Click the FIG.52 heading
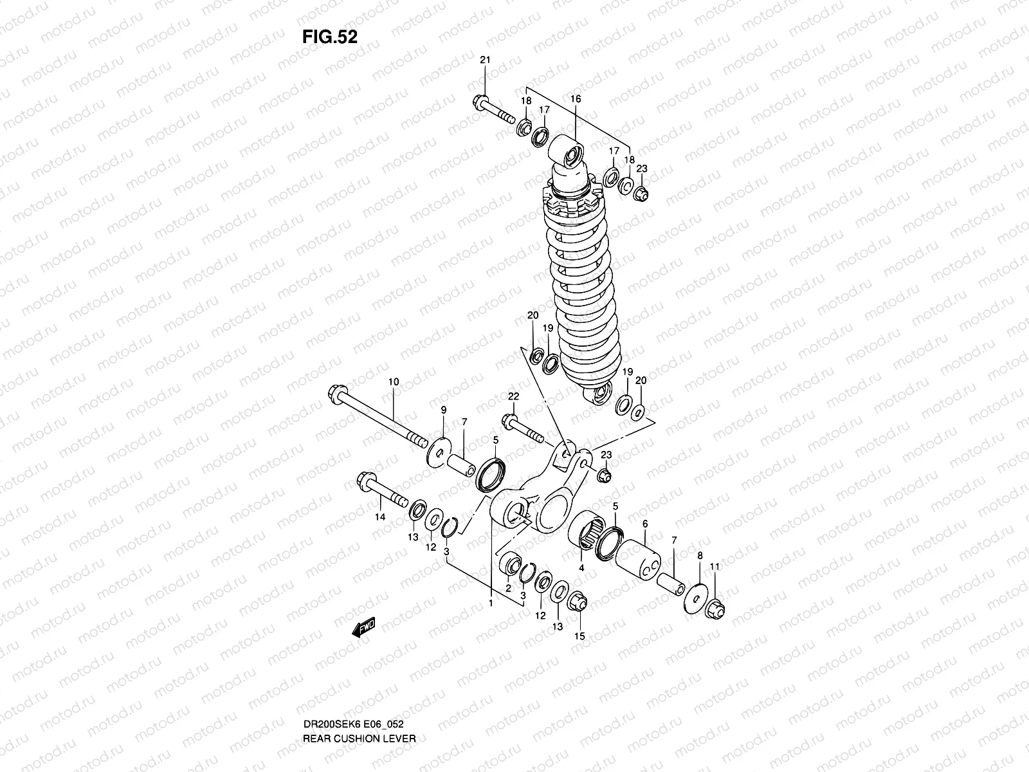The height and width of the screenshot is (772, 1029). tap(329, 37)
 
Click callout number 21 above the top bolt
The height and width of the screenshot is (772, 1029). tap(485, 60)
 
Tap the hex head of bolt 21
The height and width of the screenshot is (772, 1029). tap(481, 101)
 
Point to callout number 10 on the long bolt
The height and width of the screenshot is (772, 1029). tap(393, 381)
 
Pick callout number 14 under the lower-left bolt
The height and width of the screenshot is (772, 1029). tap(380, 535)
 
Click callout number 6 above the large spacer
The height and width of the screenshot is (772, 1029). tap(645, 524)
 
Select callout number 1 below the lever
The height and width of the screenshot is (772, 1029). tap(490, 603)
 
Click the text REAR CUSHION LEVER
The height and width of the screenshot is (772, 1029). tap(359, 703)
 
